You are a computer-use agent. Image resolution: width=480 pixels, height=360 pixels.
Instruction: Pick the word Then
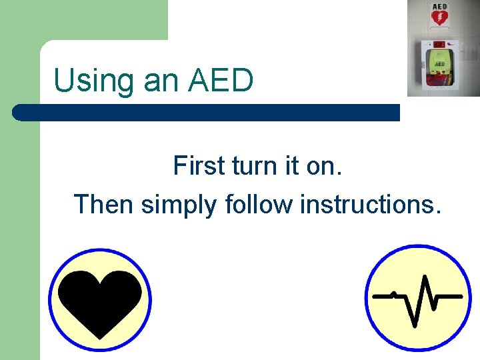pos(104,203)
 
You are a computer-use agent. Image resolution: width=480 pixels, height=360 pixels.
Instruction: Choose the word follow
pos(259,203)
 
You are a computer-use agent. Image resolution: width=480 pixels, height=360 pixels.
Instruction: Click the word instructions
pos(371,203)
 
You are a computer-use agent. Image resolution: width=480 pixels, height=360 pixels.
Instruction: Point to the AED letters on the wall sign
pos(439,7)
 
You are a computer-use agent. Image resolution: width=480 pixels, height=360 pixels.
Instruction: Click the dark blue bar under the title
pos(213,112)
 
